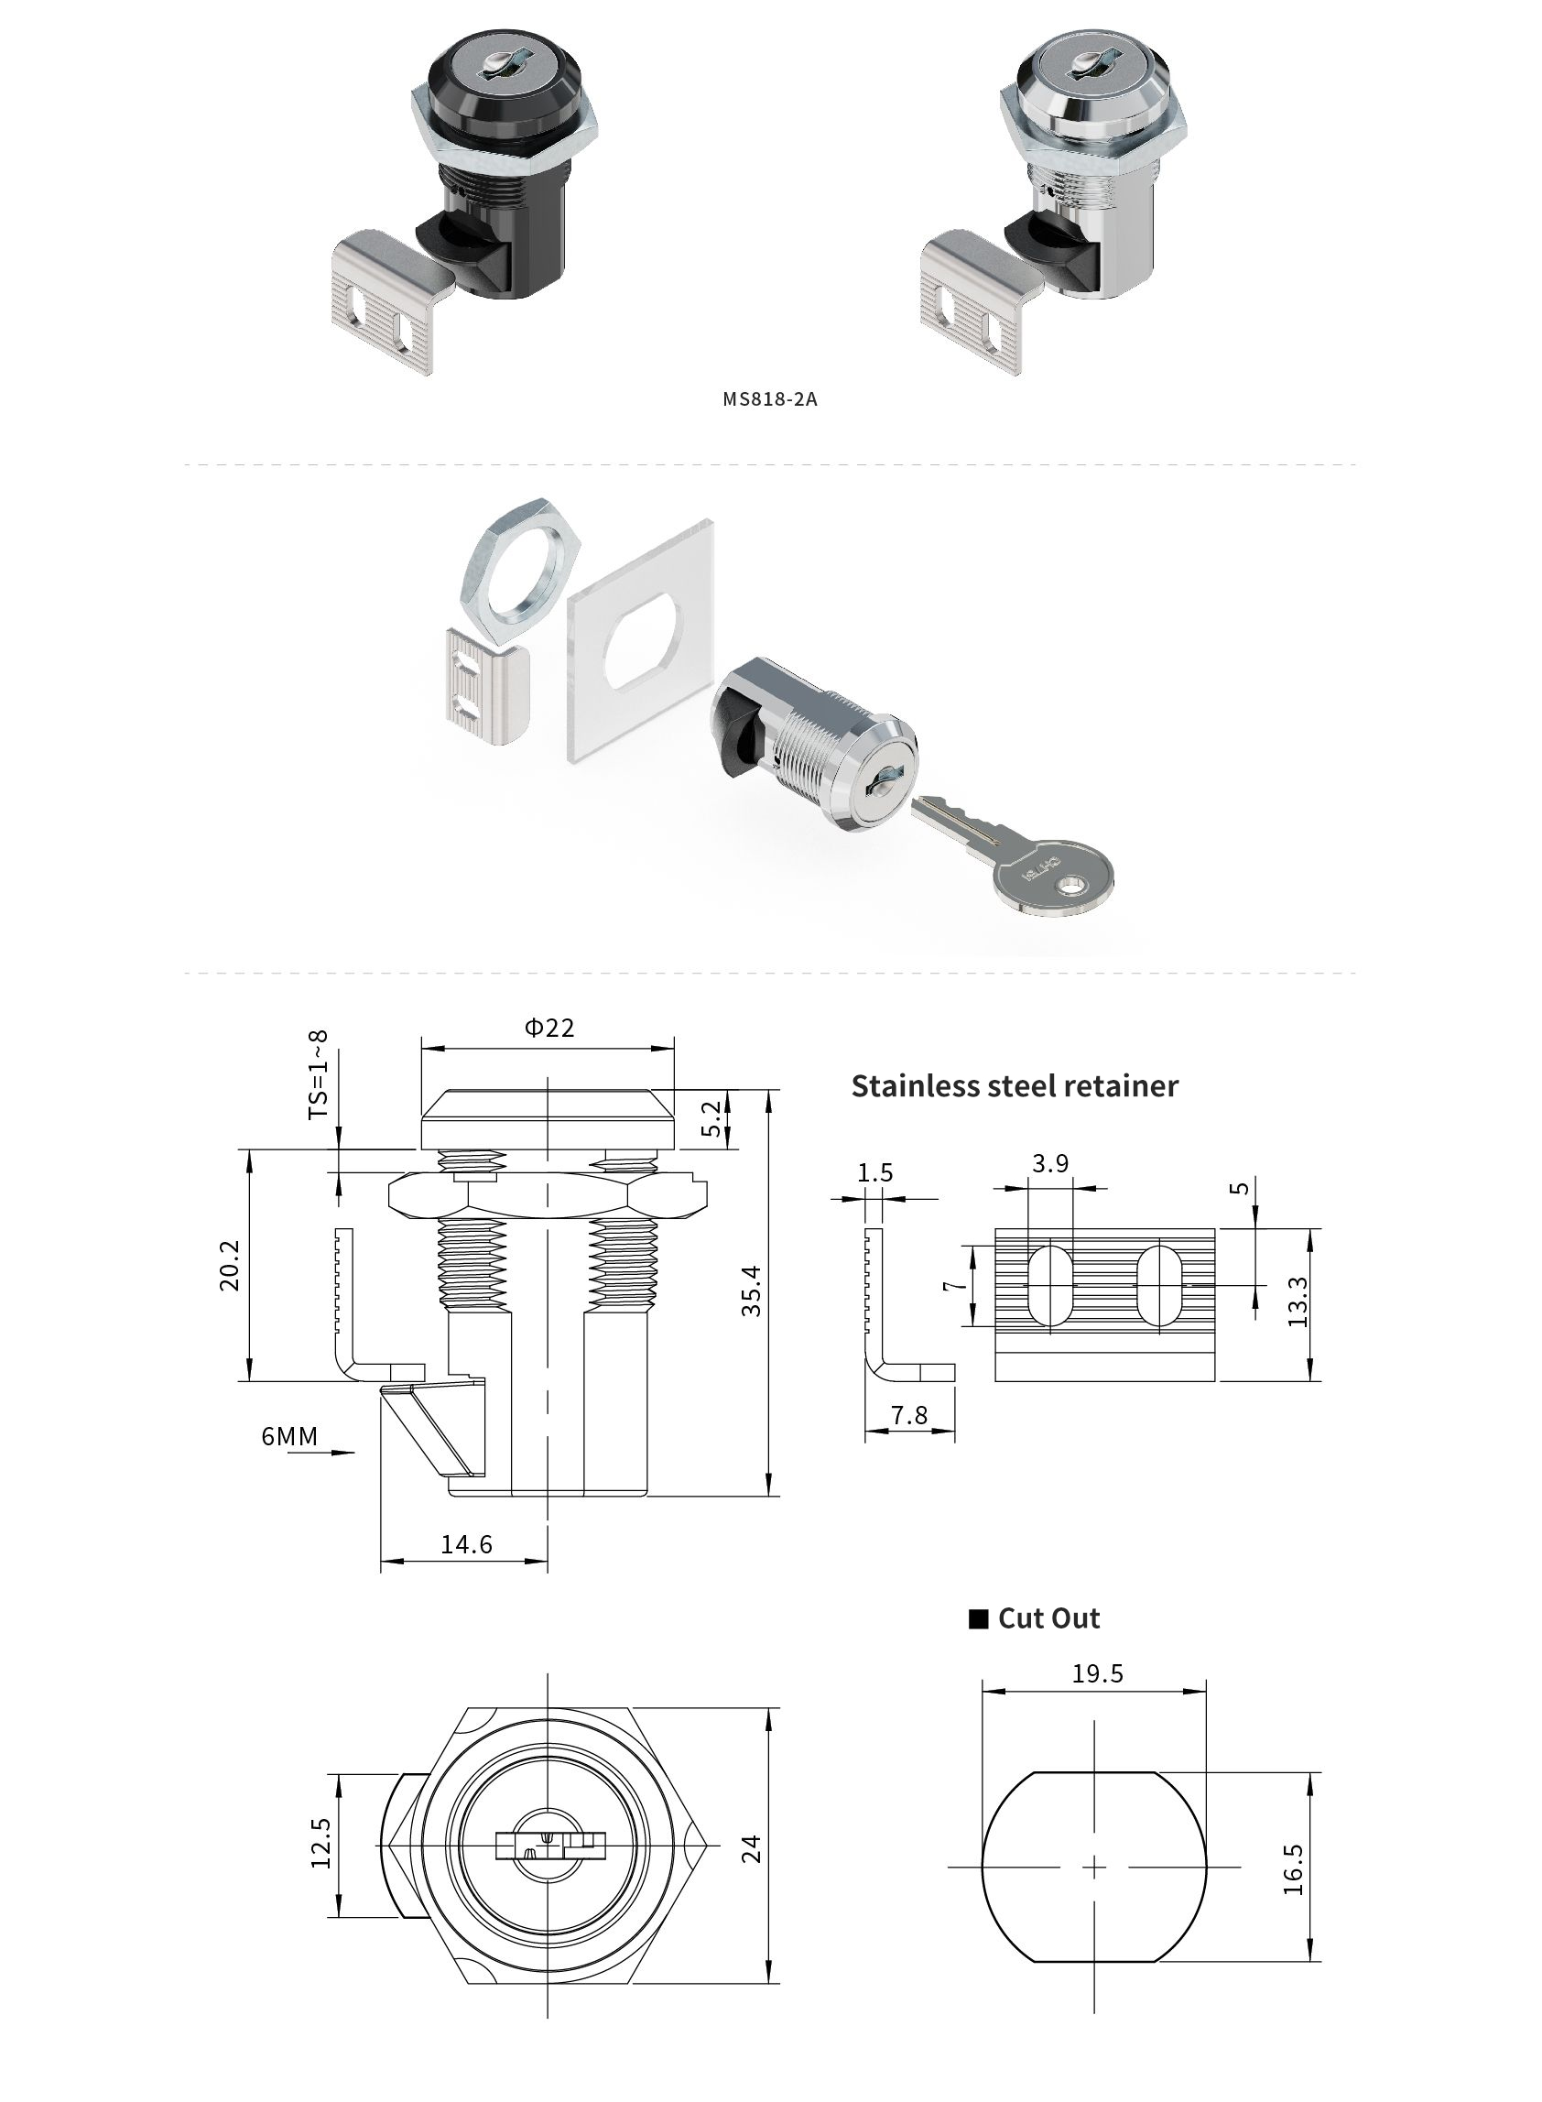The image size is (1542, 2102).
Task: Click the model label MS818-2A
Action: pos(770,399)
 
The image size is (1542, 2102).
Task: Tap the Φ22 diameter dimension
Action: pos(548,1028)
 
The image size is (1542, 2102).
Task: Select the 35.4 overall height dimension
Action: pos(753,1291)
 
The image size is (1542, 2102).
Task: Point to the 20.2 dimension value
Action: pos(230,1265)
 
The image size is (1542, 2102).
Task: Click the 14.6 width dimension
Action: pos(466,1544)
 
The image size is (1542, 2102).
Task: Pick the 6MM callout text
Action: pos(289,1435)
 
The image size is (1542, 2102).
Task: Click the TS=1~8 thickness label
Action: pos(320,1074)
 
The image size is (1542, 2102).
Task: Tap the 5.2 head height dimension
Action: pos(711,1118)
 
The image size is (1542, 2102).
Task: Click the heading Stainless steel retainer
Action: pos(1015,1085)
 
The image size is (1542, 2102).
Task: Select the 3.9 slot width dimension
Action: pos(1050,1163)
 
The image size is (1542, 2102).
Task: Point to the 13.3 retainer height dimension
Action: pos(1298,1301)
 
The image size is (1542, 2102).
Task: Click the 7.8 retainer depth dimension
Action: pos(908,1416)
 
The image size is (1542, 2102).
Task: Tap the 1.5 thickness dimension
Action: pos(875,1172)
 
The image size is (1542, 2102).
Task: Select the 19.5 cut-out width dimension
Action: pos(1097,1673)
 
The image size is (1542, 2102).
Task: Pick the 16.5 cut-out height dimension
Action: pos(1293,1868)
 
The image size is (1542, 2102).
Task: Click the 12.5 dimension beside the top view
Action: pos(321,1843)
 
